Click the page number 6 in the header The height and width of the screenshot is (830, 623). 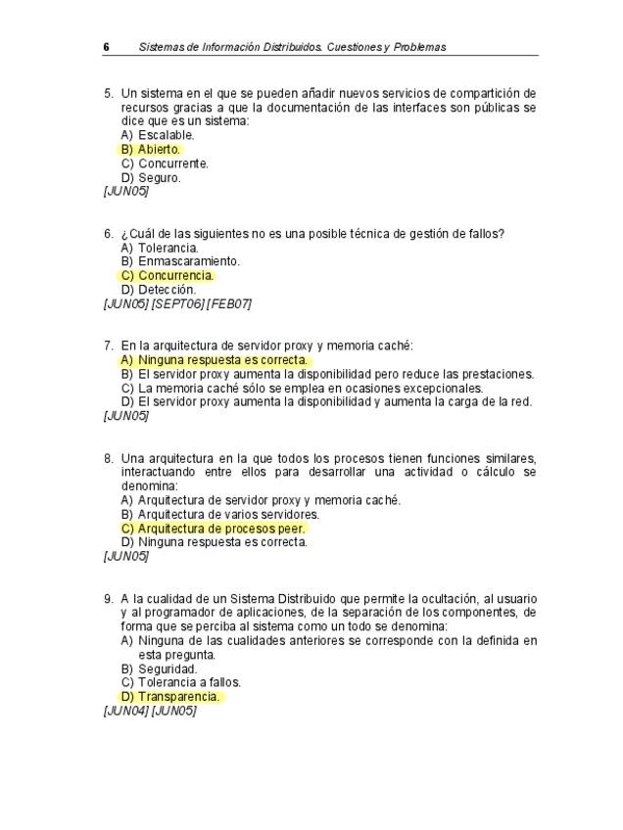point(106,47)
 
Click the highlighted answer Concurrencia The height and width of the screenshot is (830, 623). point(168,276)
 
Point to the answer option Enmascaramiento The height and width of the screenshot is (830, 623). point(180,261)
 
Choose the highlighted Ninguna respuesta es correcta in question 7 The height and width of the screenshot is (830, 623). point(215,360)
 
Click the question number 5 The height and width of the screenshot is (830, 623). point(108,93)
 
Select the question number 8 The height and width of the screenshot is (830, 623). point(108,458)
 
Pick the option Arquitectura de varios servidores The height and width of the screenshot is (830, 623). point(220,514)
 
